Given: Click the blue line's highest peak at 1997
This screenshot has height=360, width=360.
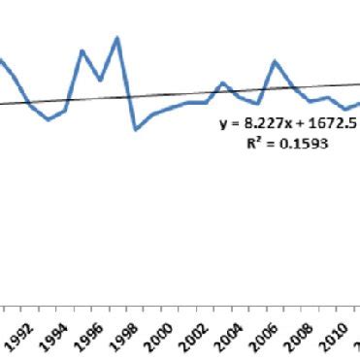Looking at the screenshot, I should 117,38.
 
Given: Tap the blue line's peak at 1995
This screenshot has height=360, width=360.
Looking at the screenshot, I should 82,50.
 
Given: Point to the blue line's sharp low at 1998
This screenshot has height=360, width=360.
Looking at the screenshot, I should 136,129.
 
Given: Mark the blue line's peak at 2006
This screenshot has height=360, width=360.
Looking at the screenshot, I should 276,61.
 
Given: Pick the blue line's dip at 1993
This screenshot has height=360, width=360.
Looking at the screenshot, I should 49,119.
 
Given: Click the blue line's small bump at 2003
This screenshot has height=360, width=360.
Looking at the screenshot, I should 223,82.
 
